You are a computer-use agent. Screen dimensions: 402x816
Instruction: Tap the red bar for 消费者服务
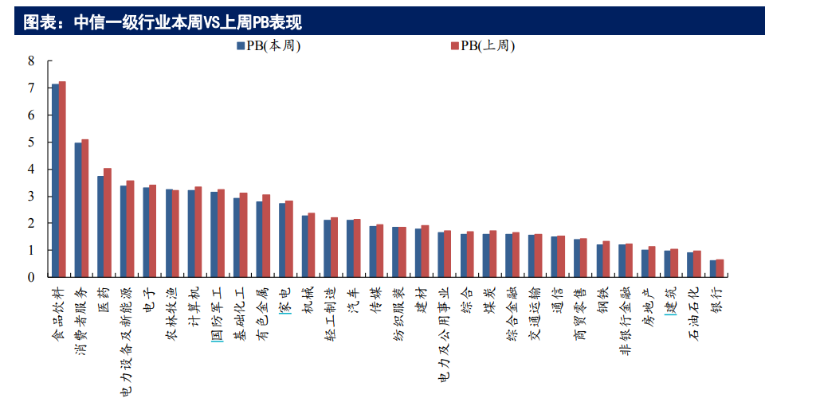[85, 209]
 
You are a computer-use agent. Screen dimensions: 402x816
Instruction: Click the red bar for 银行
[720, 268]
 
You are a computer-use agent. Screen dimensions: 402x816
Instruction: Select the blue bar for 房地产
[645, 263]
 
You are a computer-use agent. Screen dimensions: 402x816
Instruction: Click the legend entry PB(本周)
[269, 46]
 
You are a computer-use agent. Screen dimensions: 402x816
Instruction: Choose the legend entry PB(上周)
[483, 46]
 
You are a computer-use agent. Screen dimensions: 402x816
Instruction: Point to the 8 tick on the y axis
[31, 60]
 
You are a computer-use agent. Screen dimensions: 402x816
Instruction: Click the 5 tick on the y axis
[31, 142]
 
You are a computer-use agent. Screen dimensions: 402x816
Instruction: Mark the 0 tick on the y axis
[31, 277]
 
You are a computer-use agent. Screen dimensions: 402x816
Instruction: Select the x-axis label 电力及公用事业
[444, 335]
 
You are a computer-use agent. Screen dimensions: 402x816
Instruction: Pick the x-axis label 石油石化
[693, 314]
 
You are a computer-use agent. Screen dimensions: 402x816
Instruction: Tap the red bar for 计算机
[198, 232]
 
